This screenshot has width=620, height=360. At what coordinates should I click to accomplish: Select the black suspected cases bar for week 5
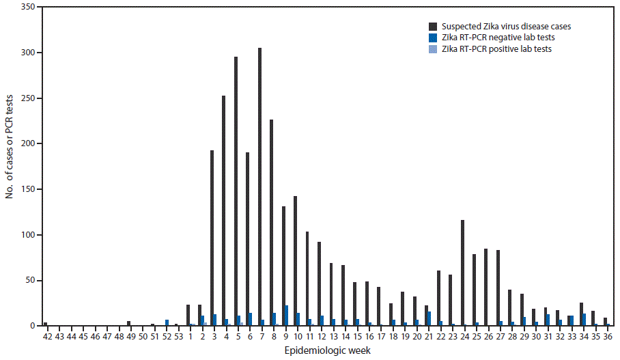click(x=236, y=191)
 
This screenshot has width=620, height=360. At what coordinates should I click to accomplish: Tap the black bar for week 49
click(x=128, y=323)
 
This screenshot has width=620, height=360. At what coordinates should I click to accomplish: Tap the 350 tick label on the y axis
click(x=31, y=7)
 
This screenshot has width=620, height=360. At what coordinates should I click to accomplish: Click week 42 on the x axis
click(x=46, y=337)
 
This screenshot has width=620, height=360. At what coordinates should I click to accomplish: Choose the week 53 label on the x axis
click(x=177, y=337)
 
